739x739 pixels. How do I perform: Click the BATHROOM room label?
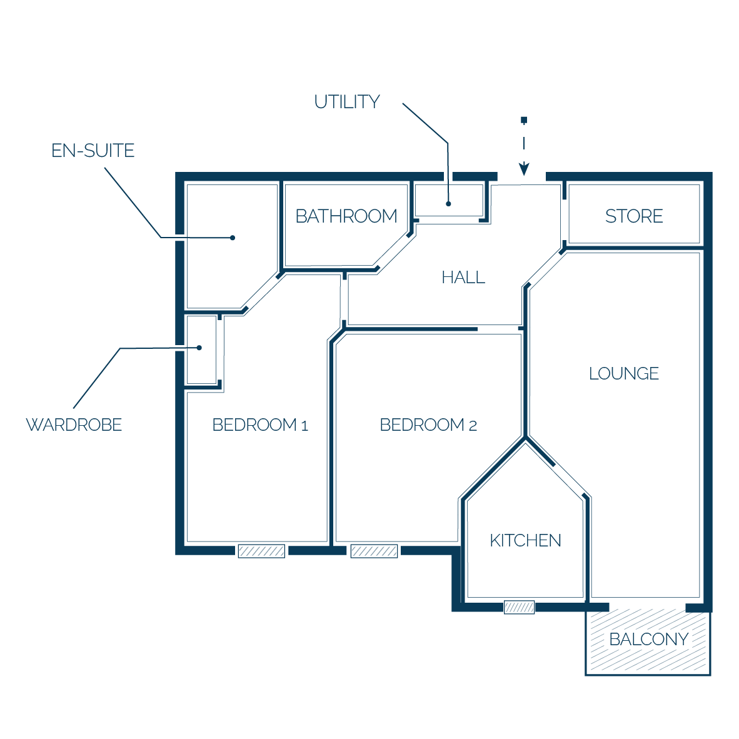tap(346, 216)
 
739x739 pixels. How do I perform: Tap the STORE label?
tap(634, 216)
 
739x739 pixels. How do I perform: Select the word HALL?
tap(463, 277)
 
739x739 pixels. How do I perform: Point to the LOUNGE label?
tap(623, 373)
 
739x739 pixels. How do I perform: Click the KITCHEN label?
tap(526, 541)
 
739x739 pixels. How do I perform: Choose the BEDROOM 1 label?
tap(260, 425)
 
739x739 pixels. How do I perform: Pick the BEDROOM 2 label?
tap(428, 425)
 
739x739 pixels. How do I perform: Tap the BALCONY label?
tap(649, 639)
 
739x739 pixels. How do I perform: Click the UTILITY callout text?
tap(347, 102)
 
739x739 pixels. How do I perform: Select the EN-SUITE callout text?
tap(93, 151)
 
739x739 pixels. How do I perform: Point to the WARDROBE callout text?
tap(74, 425)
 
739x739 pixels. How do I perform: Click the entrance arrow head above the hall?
tap(524, 169)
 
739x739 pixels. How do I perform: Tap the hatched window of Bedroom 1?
tap(261, 551)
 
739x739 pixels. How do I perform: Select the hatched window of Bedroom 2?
tap(375, 551)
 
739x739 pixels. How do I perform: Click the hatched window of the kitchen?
tap(520, 607)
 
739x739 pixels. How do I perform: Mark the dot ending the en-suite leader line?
tap(233, 238)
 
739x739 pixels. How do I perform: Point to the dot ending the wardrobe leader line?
tap(199, 348)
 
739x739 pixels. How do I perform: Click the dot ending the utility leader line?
tap(449, 204)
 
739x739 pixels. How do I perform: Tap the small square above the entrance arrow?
tap(524, 120)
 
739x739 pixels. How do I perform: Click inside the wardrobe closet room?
tap(202, 349)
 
